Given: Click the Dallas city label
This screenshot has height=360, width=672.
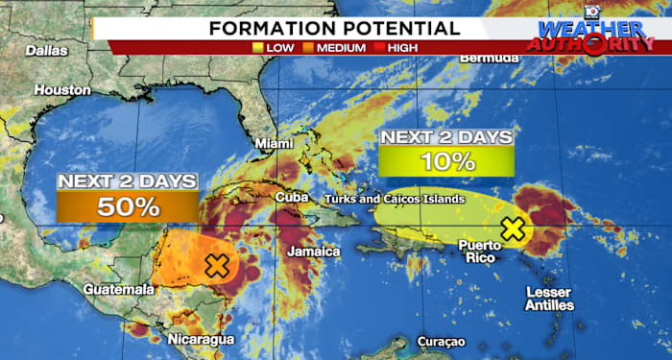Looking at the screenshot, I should pos(46,50).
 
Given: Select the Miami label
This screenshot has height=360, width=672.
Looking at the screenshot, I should pos(273,144).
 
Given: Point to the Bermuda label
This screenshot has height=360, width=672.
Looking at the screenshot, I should pos(490,58).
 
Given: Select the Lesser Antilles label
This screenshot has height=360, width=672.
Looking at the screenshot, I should pos(550,299).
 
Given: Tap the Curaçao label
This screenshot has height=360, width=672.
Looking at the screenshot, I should pos(441,342).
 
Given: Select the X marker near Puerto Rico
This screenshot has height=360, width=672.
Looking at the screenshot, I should pos(514,229).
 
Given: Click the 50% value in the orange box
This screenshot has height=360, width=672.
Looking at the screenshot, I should pos(128,205).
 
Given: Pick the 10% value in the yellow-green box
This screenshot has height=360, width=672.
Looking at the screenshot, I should pos(445,161).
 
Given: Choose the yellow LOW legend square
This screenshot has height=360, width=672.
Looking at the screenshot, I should pos(256,46).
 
